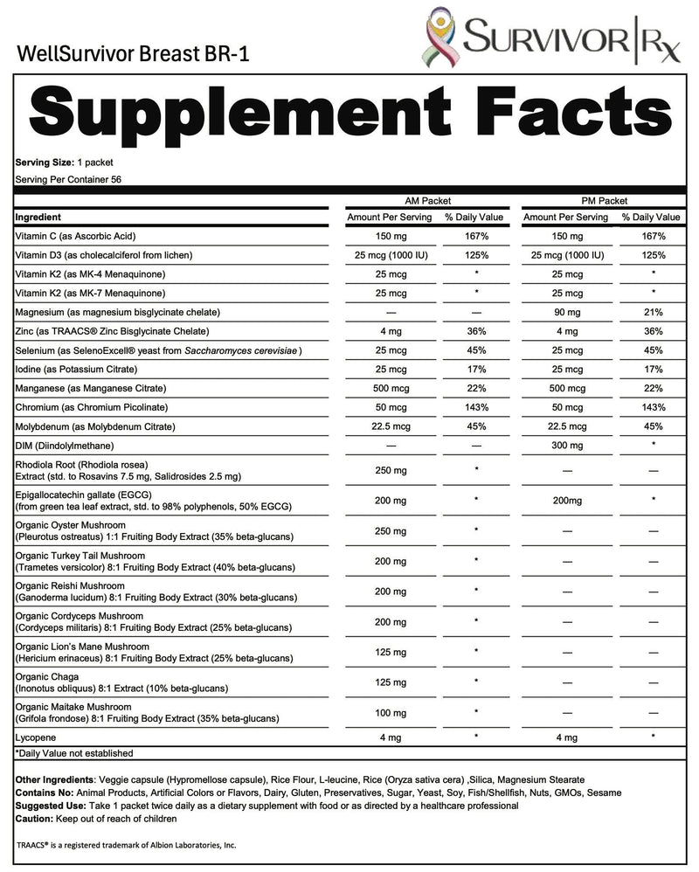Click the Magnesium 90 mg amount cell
coord(564,312)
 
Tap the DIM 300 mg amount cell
coord(564,446)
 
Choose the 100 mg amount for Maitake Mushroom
coord(389,714)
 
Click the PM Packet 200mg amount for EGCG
coord(564,501)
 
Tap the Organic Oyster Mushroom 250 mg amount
coord(389,530)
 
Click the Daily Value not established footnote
coord(75,752)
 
